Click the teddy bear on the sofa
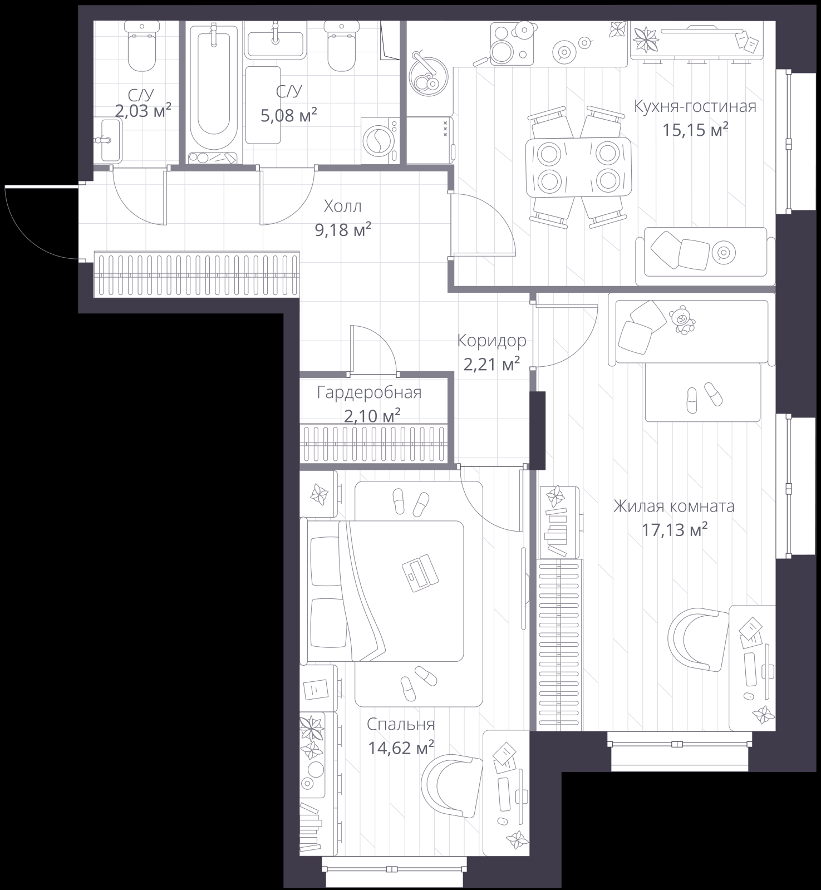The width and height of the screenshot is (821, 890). (682, 321)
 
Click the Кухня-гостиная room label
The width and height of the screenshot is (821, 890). (695, 106)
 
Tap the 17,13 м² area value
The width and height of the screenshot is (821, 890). (675, 529)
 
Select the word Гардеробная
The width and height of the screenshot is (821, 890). (370, 393)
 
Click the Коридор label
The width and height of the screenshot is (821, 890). (491, 340)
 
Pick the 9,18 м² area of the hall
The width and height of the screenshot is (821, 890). (343, 229)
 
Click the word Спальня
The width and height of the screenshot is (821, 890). (401, 724)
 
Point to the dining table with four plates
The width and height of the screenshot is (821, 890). (579, 167)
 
